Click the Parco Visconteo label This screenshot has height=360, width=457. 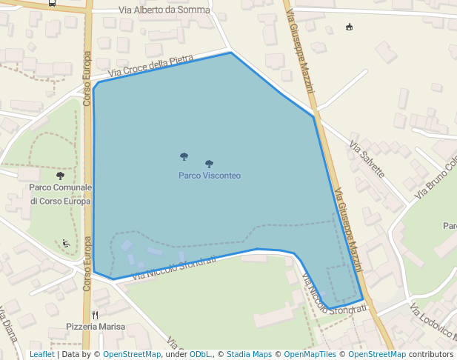(209, 176)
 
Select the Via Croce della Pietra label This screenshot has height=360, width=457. (150, 66)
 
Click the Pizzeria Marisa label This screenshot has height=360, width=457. (96, 326)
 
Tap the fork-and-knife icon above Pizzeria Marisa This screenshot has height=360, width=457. (96, 314)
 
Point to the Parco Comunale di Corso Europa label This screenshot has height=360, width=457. (60, 194)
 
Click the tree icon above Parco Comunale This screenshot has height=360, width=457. (60, 176)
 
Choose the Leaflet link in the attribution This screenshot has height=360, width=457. (41, 354)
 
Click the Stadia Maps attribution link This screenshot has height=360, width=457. (249, 354)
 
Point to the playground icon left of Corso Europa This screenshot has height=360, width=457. (66, 242)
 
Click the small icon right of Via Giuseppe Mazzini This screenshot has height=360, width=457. (349, 27)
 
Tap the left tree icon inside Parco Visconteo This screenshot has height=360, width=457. (184, 156)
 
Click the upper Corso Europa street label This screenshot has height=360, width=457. (87, 79)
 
